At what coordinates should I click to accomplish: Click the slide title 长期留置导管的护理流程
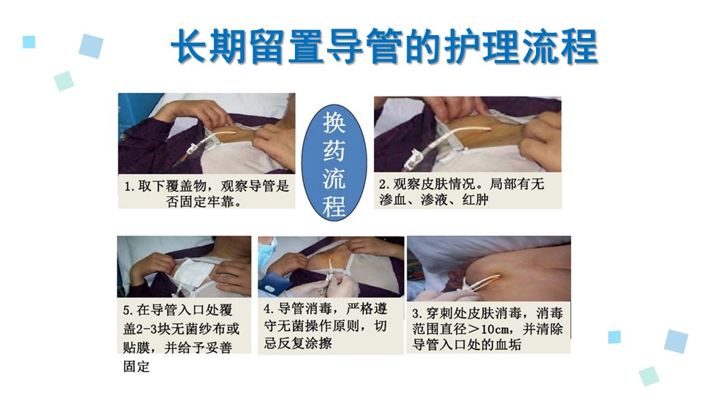(385, 47)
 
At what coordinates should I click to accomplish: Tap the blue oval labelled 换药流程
(334, 163)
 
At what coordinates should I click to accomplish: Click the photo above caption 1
(207, 133)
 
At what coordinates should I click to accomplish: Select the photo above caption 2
(467, 134)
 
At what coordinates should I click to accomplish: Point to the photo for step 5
(184, 266)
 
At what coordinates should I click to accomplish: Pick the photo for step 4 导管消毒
(332, 266)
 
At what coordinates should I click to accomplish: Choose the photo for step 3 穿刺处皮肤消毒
(489, 268)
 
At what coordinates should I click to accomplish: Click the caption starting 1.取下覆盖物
(207, 193)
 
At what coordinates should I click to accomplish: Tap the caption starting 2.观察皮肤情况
(461, 191)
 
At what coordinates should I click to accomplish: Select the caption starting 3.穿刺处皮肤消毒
(487, 328)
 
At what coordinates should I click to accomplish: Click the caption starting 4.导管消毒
(326, 326)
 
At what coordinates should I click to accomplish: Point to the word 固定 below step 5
(137, 366)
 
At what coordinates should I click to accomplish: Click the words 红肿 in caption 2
(475, 199)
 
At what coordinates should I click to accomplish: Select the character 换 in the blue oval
(334, 123)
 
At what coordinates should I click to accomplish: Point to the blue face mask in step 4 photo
(267, 252)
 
